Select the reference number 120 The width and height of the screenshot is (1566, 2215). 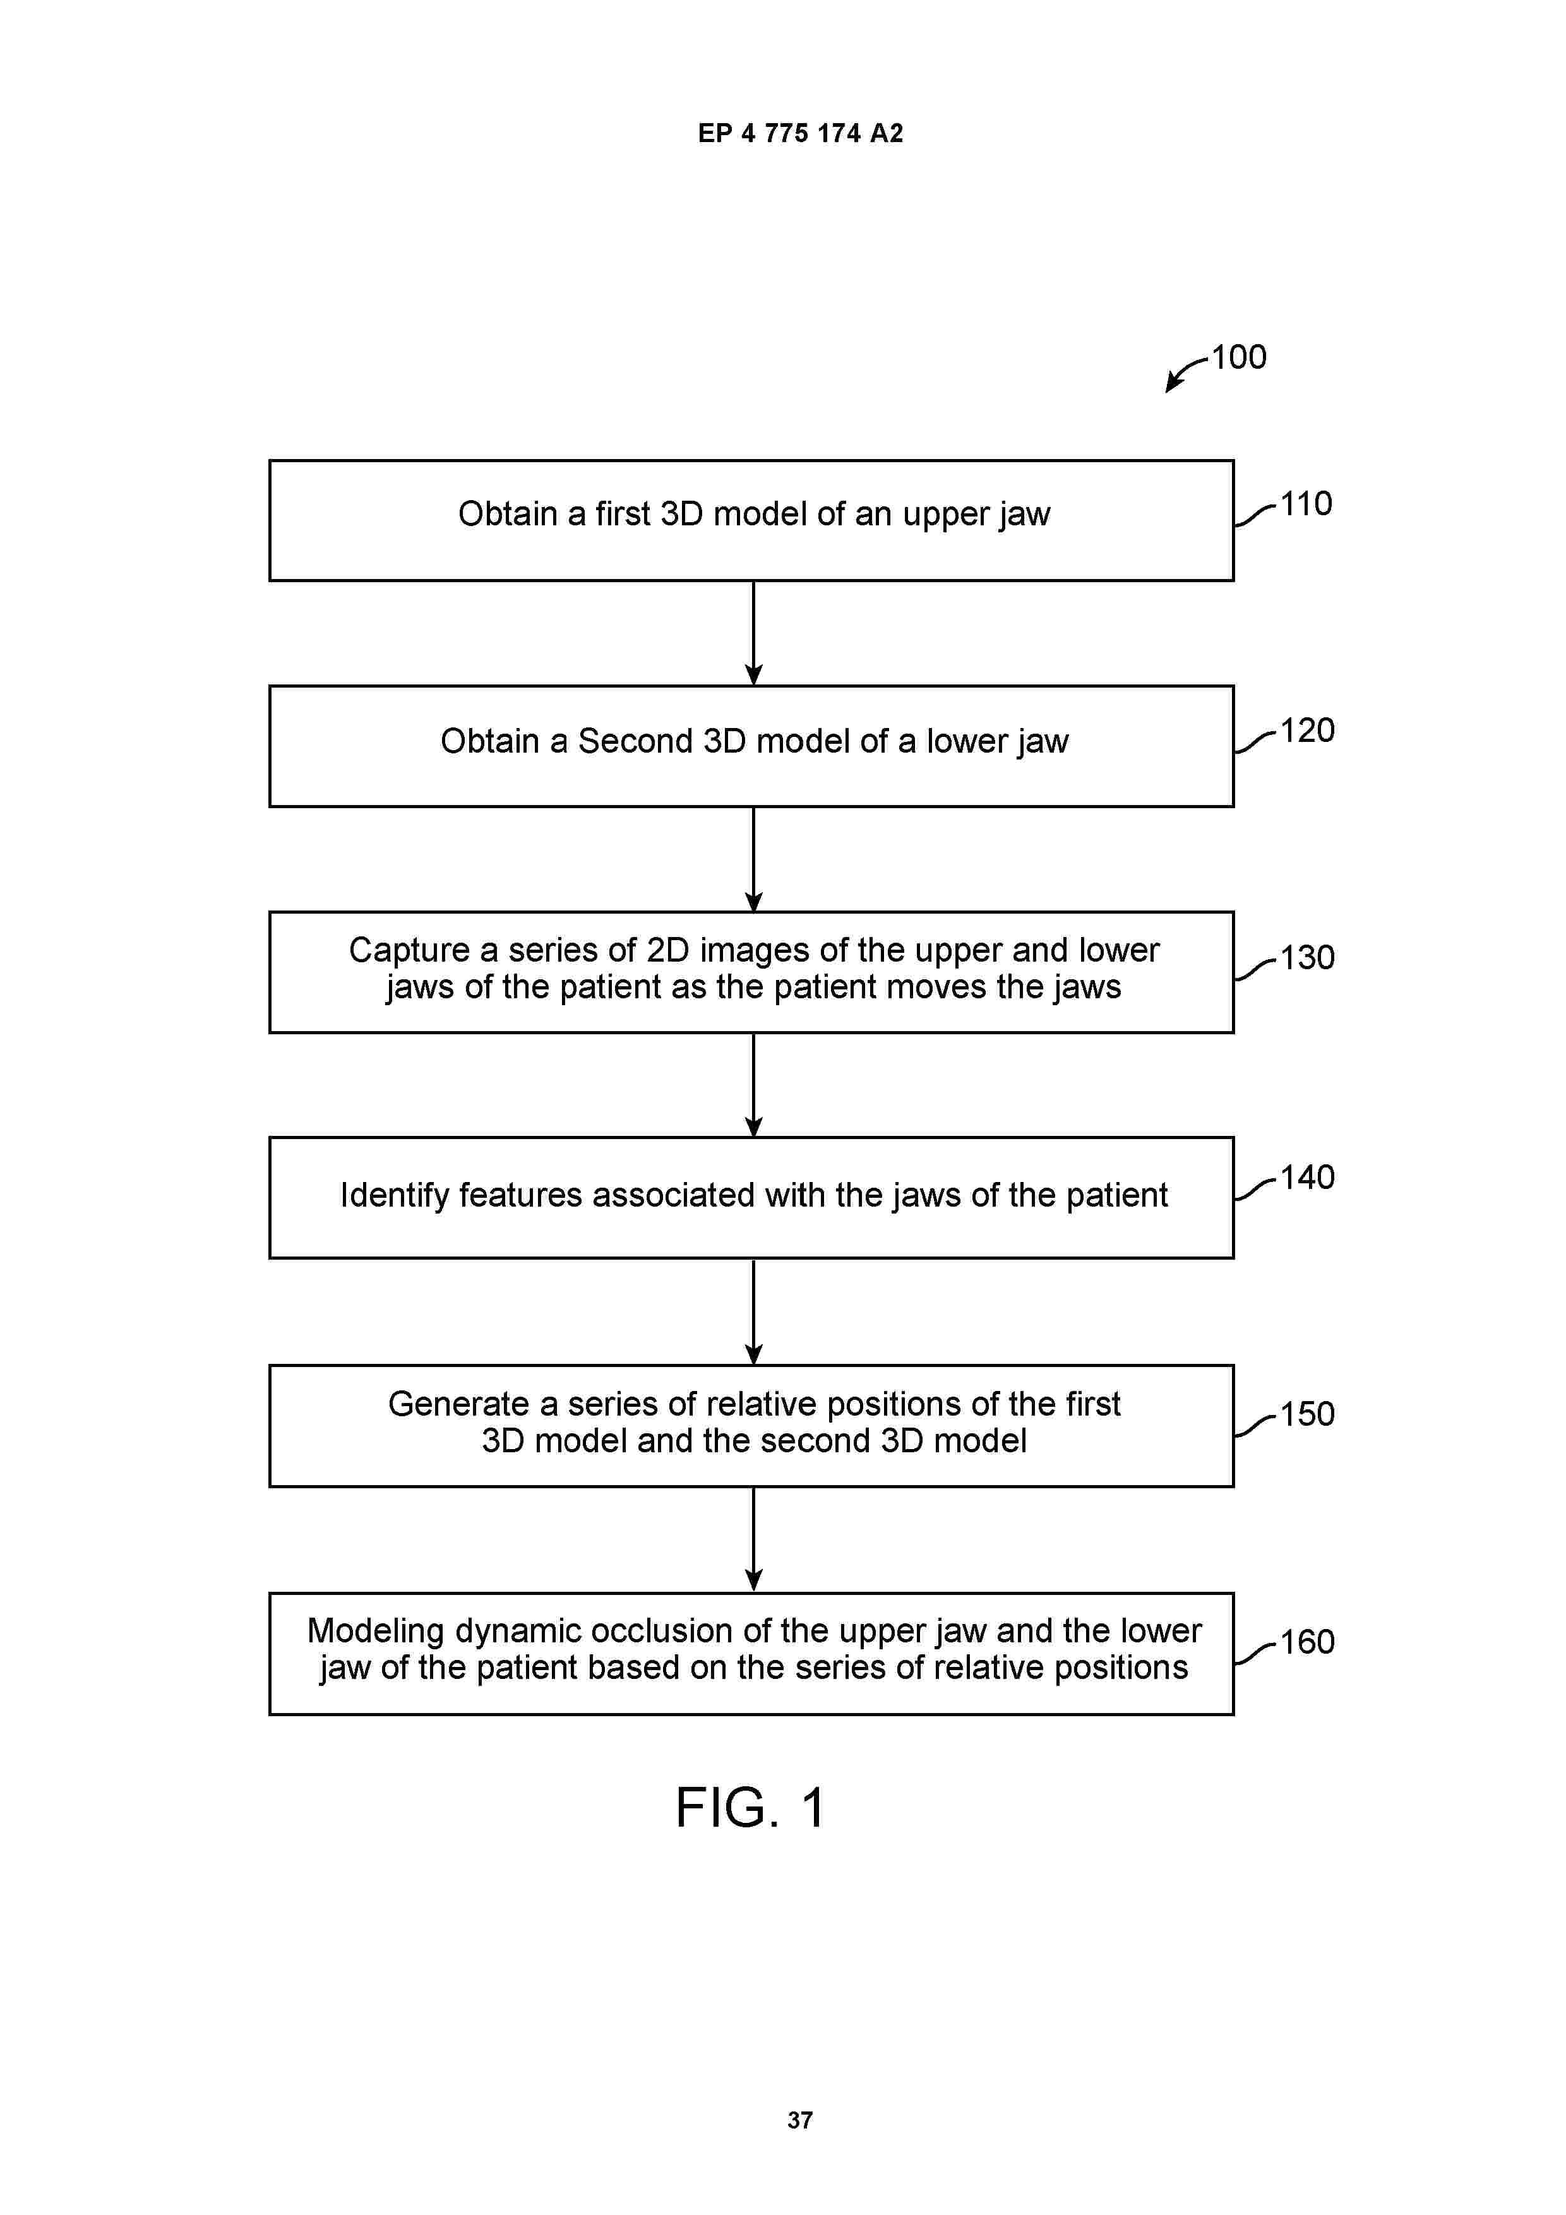[x=1307, y=731]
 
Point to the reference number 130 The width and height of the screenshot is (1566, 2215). [x=1307, y=957]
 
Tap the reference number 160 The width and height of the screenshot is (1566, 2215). [x=1307, y=1641]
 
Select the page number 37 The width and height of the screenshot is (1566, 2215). [x=800, y=2120]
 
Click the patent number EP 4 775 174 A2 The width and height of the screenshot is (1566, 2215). [x=800, y=133]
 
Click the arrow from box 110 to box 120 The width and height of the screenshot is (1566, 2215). [x=753, y=633]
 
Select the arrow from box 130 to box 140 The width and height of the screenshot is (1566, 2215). [x=753, y=1085]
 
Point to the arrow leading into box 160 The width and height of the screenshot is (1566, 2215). [x=753, y=1539]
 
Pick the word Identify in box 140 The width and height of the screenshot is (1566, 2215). [x=395, y=1195]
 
